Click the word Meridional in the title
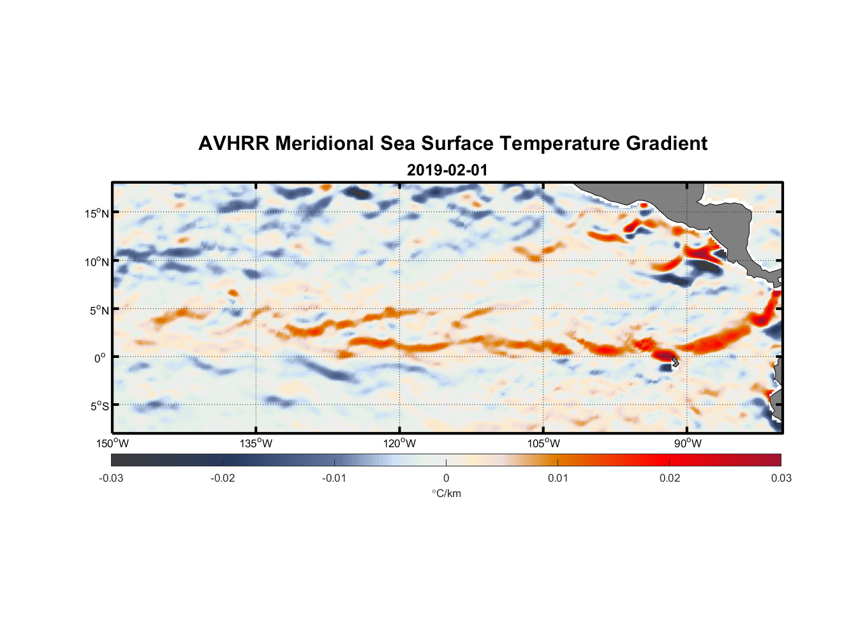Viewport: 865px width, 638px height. pyautogui.click(x=325, y=144)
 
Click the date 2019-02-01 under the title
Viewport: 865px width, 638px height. pyautogui.click(x=447, y=170)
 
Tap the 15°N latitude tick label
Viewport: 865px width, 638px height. pyautogui.click(x=96, y=213)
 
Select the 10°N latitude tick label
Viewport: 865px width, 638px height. pyautogui.click(x=96, y=262)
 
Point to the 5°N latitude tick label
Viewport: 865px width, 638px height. pyautogui.click(x=99, y=310)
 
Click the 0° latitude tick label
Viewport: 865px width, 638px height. pyautogui.click(x=100, y=358)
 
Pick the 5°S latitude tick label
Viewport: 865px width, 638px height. pyautogui.click(x=99, y=406)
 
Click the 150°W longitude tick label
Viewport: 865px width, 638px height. pyautogui.click(x=112, y=443)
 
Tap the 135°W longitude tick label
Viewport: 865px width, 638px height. pyautogui.click(x=256, y=443)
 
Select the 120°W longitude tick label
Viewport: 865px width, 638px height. pyautogui.click(x=399, y=443)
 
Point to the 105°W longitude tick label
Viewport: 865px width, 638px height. pyautogui.click(x=543, y=443)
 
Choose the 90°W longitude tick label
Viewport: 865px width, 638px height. pyautogui.click(x=687, y=443)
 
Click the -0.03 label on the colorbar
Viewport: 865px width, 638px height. pyautogui.click(x=111, y=478)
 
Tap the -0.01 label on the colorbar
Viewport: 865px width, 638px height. pyautogui.click(x=334, y=478)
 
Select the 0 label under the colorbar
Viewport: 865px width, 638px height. pyautogui.click(x=446, y=478)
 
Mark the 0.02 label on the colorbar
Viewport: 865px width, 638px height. pyautogui.click(x=670, y=478)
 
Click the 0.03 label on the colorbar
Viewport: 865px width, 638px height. pyautogui.click(x=781, y=478)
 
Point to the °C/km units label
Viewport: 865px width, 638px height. pyautogui.click(x=446, y=493)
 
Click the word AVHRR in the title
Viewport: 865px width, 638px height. pyautogui.click(x=233, y=144)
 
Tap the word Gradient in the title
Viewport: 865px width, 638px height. pyautogui.click(x=666, y=144)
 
